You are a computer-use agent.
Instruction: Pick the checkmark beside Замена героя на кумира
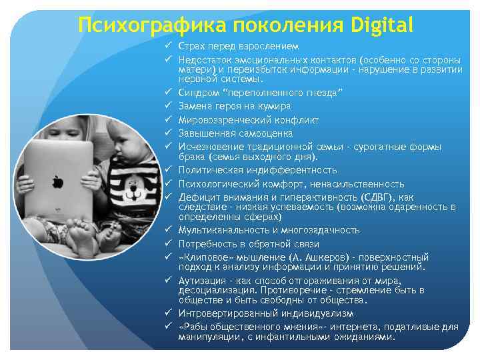point(169,105)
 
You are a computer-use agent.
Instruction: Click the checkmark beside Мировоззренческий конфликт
point(169,119)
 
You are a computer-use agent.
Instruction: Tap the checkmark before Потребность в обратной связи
point(169,243)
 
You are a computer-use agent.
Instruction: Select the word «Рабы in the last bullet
point(194,327)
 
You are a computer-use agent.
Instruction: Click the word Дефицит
point(197,197)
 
